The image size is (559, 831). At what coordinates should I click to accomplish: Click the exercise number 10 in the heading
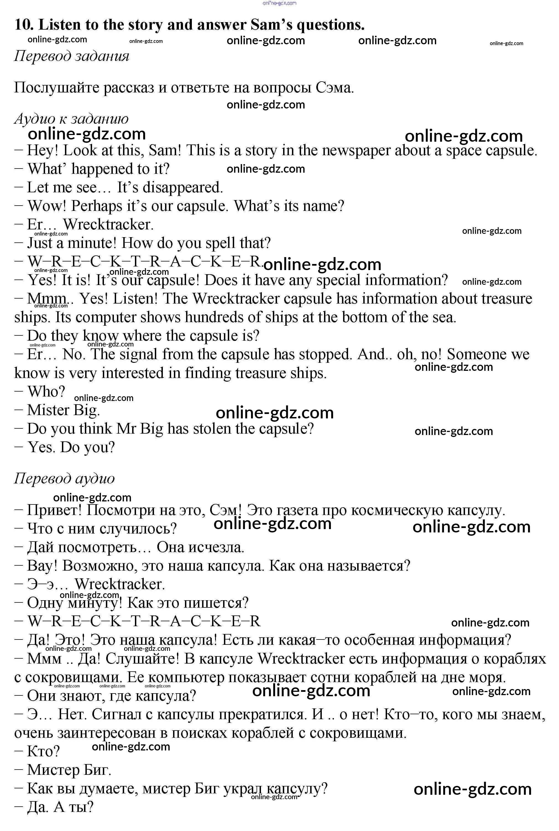23,25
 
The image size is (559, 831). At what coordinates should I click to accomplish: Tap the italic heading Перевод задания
71,56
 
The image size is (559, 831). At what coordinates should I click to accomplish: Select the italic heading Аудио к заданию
71,118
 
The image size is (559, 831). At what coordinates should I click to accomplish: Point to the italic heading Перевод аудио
64,478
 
